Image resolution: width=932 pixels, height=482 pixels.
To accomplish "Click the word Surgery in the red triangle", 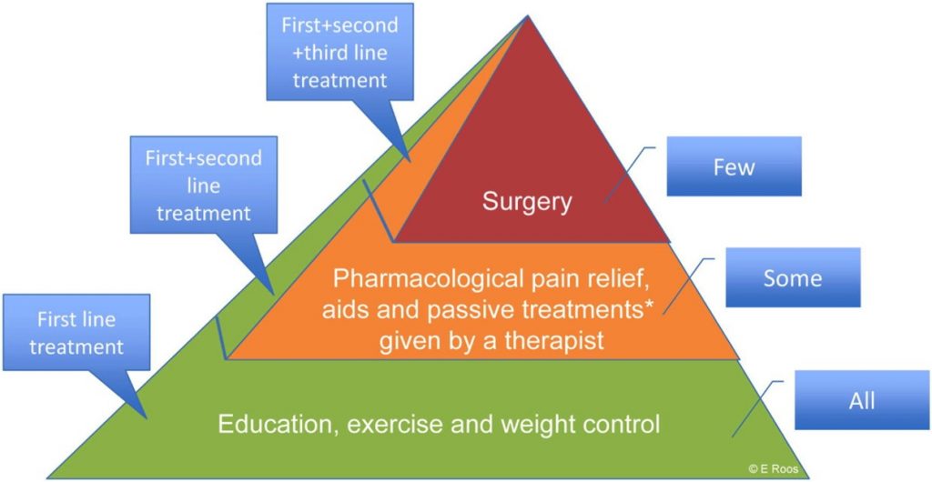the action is (527, 203).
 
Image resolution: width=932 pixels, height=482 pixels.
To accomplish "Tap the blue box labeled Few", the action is (734, 166).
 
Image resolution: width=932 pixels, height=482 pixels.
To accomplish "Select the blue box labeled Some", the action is (793, 277).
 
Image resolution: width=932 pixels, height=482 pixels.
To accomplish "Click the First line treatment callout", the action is (76, 333).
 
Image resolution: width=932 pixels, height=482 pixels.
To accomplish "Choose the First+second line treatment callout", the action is (204, 185).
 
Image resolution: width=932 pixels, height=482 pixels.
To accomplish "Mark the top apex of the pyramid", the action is (527, 16).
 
